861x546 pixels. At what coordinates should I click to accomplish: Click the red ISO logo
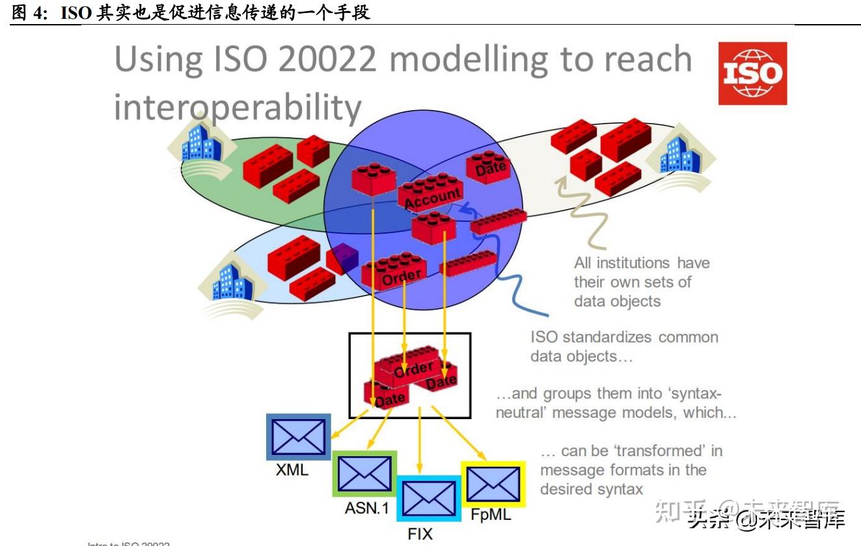click(x=752, y=74)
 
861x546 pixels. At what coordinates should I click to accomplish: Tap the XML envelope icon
click(x=298, y=437)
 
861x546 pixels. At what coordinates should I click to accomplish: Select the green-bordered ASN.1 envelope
click(x=364, y=474)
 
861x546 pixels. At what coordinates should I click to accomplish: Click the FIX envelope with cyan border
click(x=428, y=498)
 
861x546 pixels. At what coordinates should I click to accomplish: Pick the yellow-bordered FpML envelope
click(x=493, y=484)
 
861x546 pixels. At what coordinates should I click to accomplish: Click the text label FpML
click(x=491, y=515)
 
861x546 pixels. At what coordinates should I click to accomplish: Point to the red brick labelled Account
click(x=431, y=192)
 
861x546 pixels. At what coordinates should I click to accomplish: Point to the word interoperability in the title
click(x=238, y=107)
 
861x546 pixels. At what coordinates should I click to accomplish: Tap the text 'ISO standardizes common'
click(x=624, y=337)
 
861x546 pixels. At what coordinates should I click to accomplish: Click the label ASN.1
click(x=366, y=508)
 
